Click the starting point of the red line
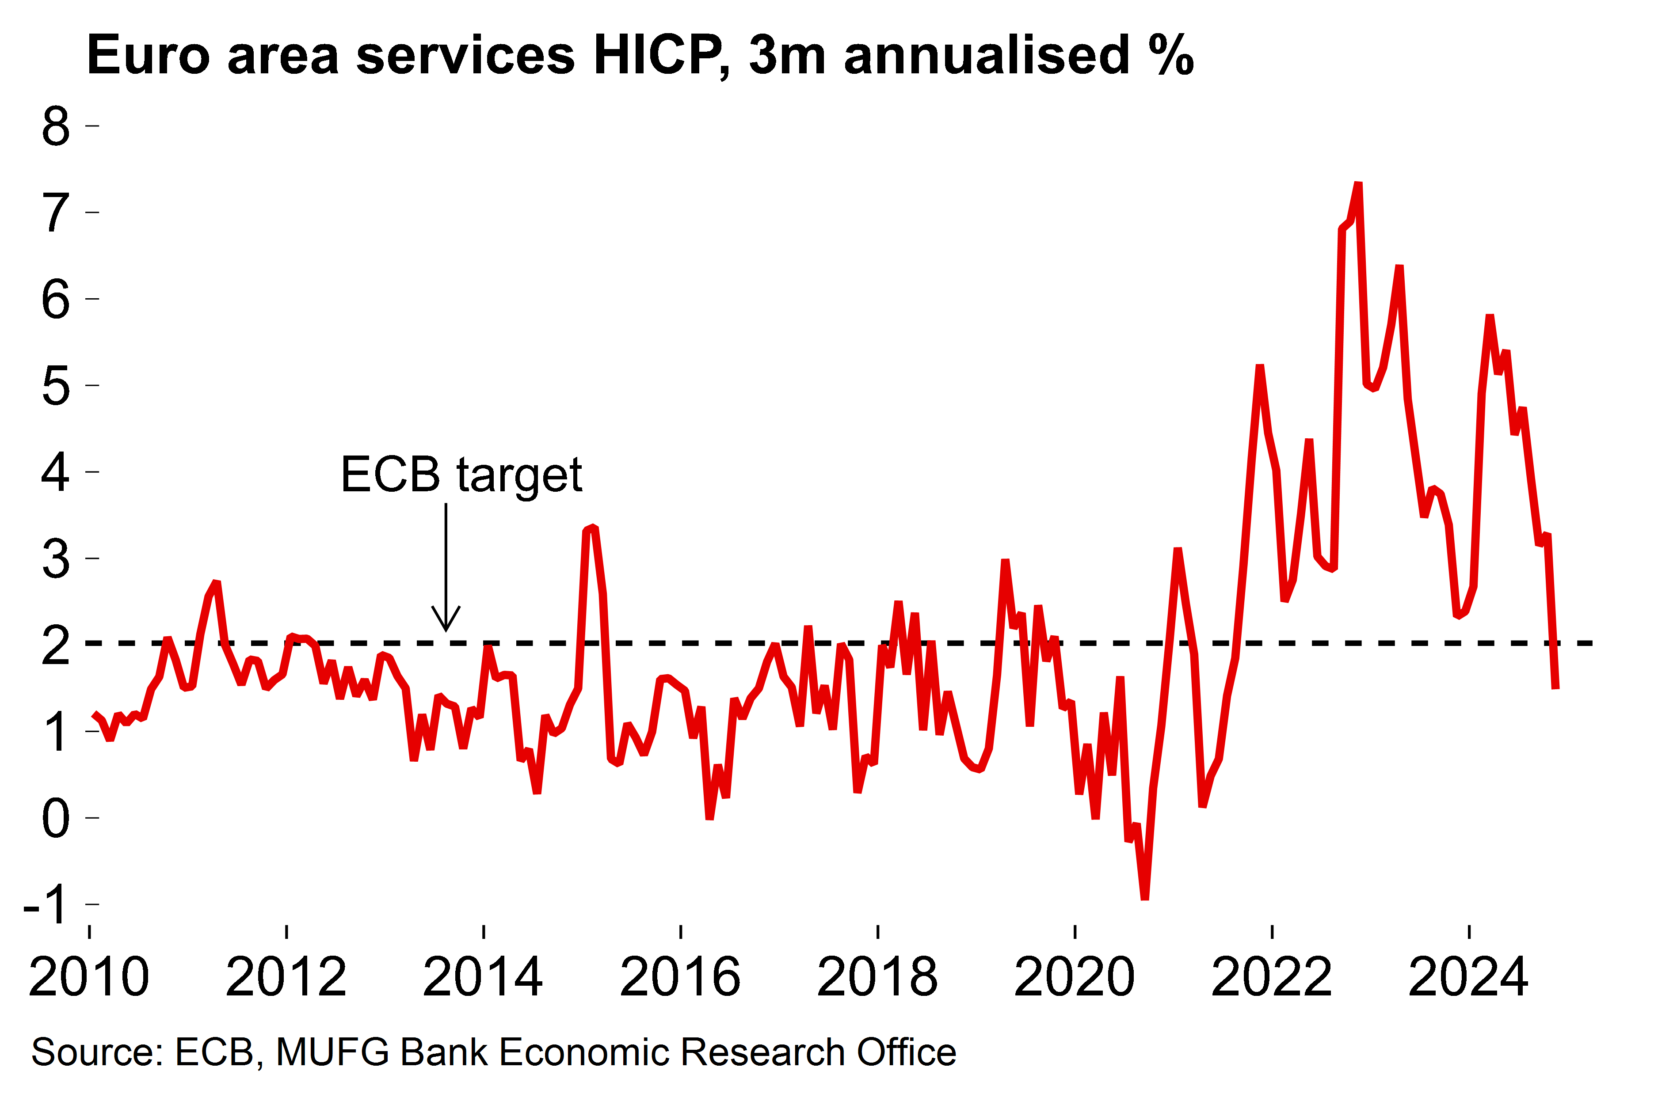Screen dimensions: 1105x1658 coord(95,714)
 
